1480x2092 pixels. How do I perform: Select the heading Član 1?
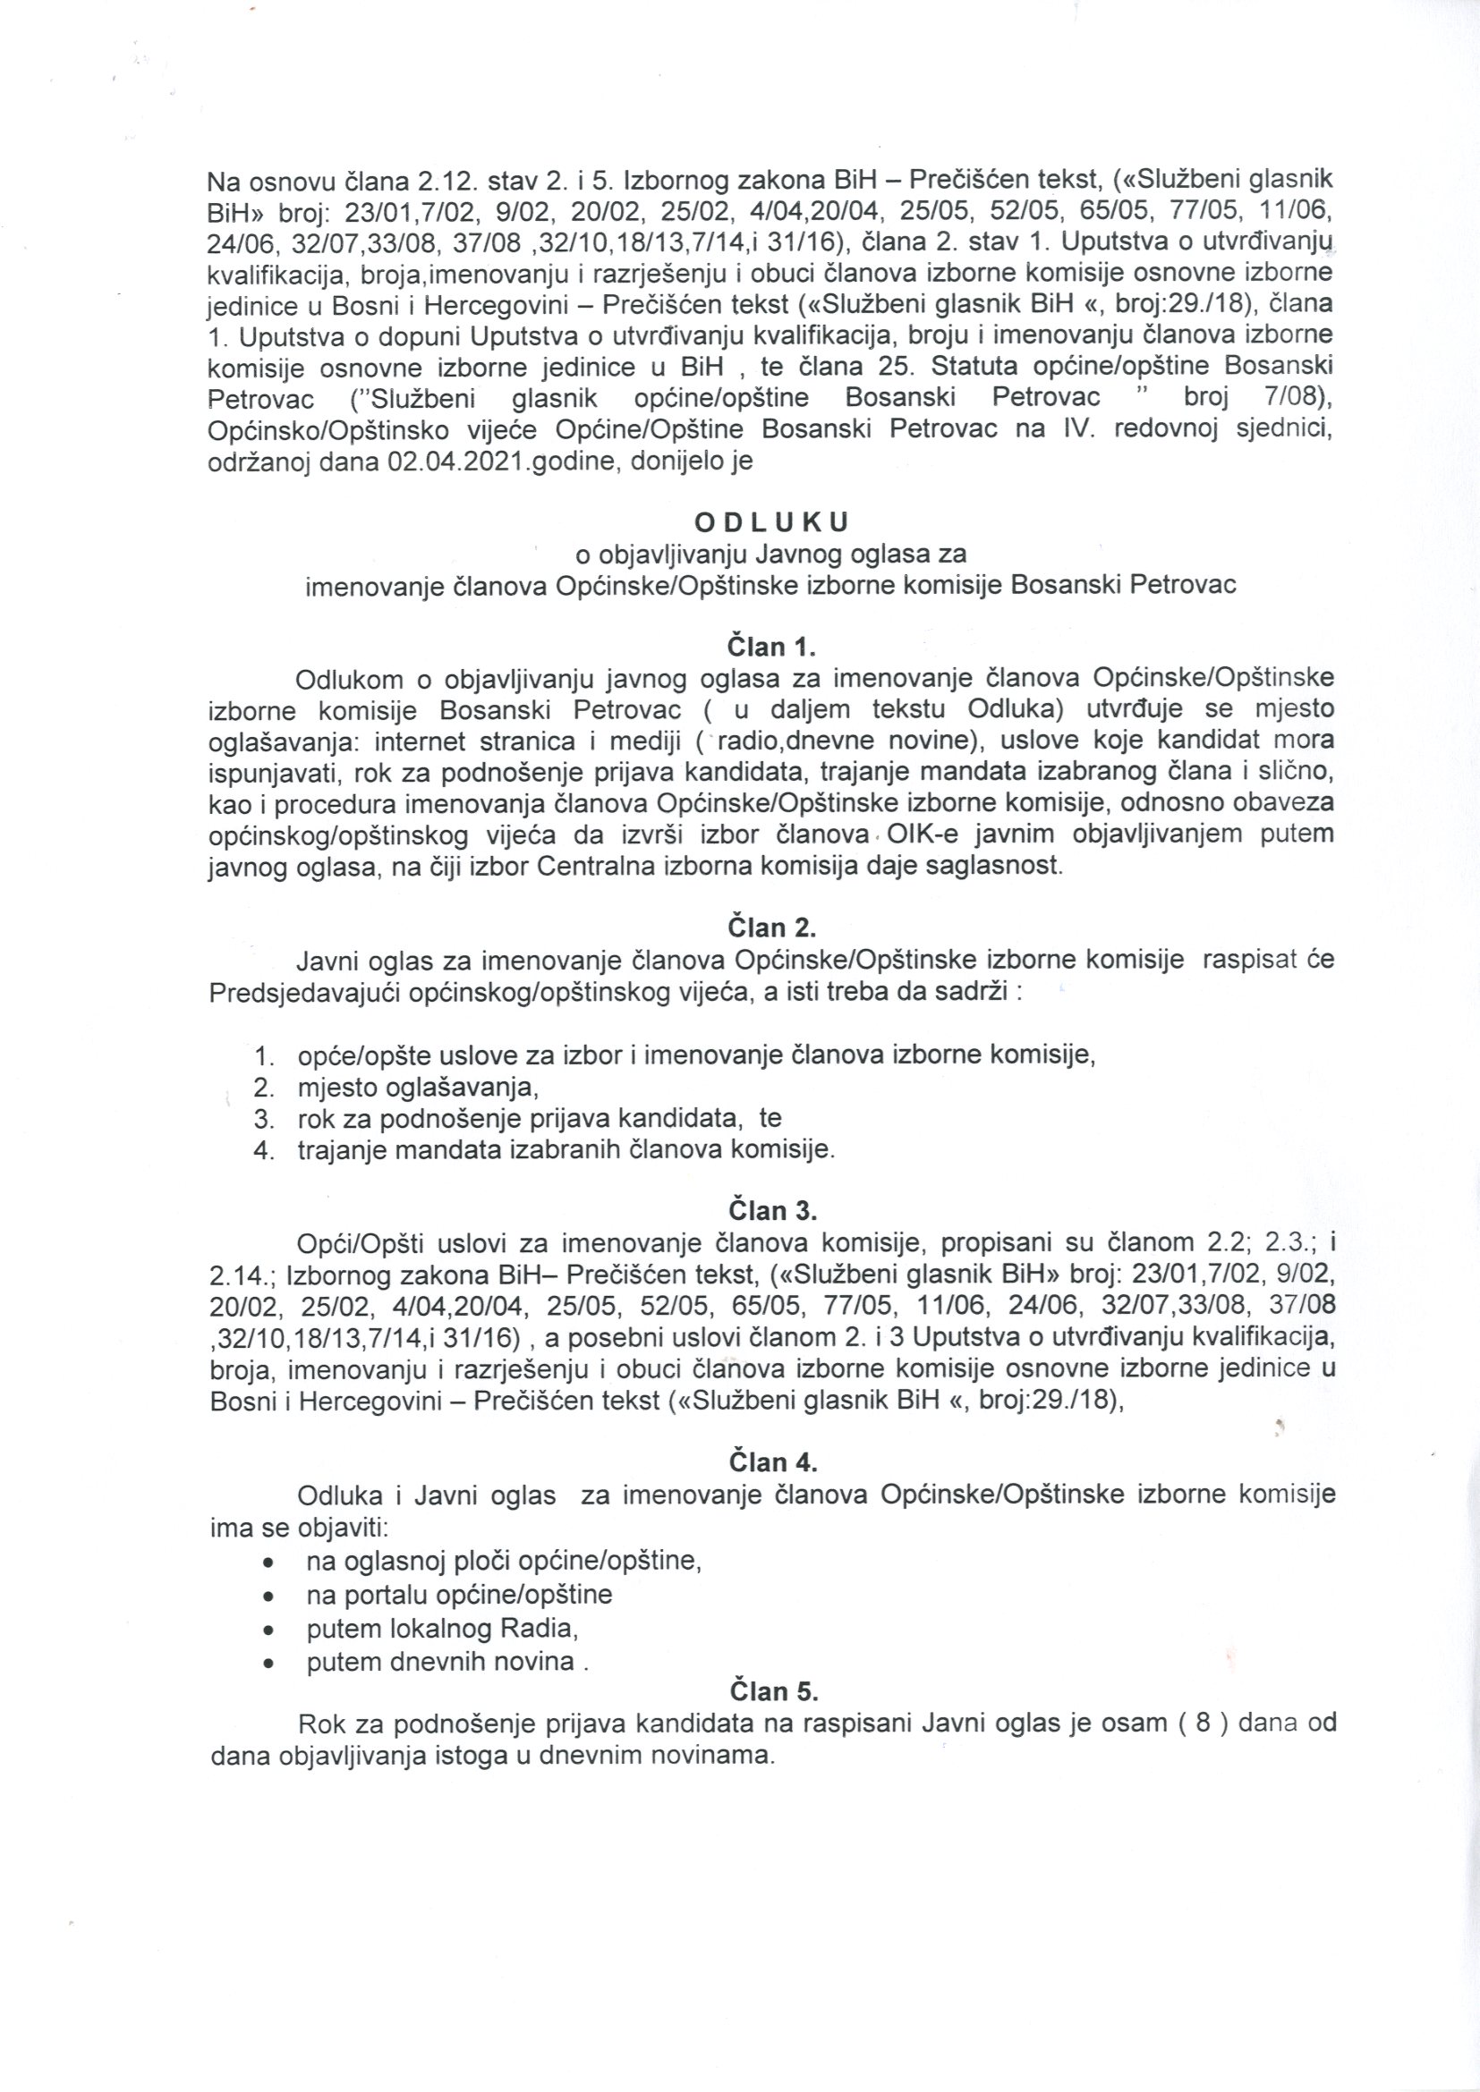[x=771, y=647]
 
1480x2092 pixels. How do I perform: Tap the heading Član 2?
[x=772, y=927]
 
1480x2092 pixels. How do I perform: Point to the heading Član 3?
[x=773, y=1210]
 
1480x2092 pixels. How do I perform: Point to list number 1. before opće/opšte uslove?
[x=264, y=1057]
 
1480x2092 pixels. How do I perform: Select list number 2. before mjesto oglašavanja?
[x=264, y=1088]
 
